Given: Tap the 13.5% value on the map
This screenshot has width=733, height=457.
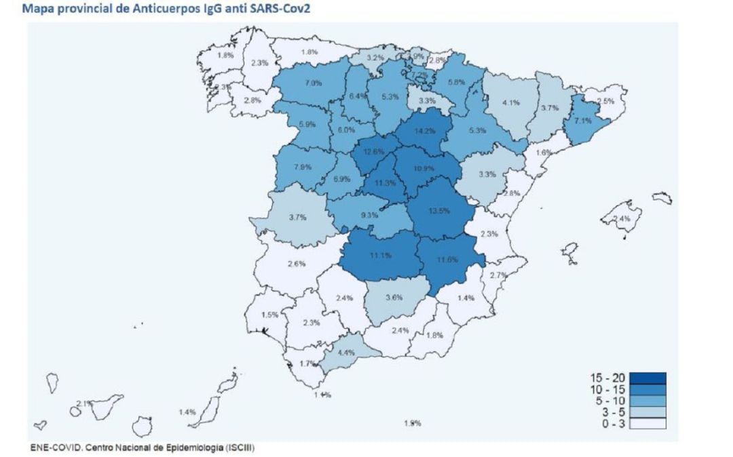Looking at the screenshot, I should [439, 211].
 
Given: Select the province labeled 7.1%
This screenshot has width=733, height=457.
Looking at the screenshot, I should [583, 121].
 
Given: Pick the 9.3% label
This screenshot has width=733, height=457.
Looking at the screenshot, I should [369, 216].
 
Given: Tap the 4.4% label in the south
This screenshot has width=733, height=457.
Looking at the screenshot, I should [346, 353].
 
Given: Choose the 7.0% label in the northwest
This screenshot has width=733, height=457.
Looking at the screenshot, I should [313, 83].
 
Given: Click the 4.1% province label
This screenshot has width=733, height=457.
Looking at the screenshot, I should [510, 103].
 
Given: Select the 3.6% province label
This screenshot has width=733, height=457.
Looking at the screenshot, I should [395, 297].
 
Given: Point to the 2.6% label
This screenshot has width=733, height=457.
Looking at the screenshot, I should [296, 264].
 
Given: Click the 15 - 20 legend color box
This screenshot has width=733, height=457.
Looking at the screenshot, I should [646, 378].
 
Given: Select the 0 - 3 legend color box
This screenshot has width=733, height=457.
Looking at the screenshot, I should [646, 424].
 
